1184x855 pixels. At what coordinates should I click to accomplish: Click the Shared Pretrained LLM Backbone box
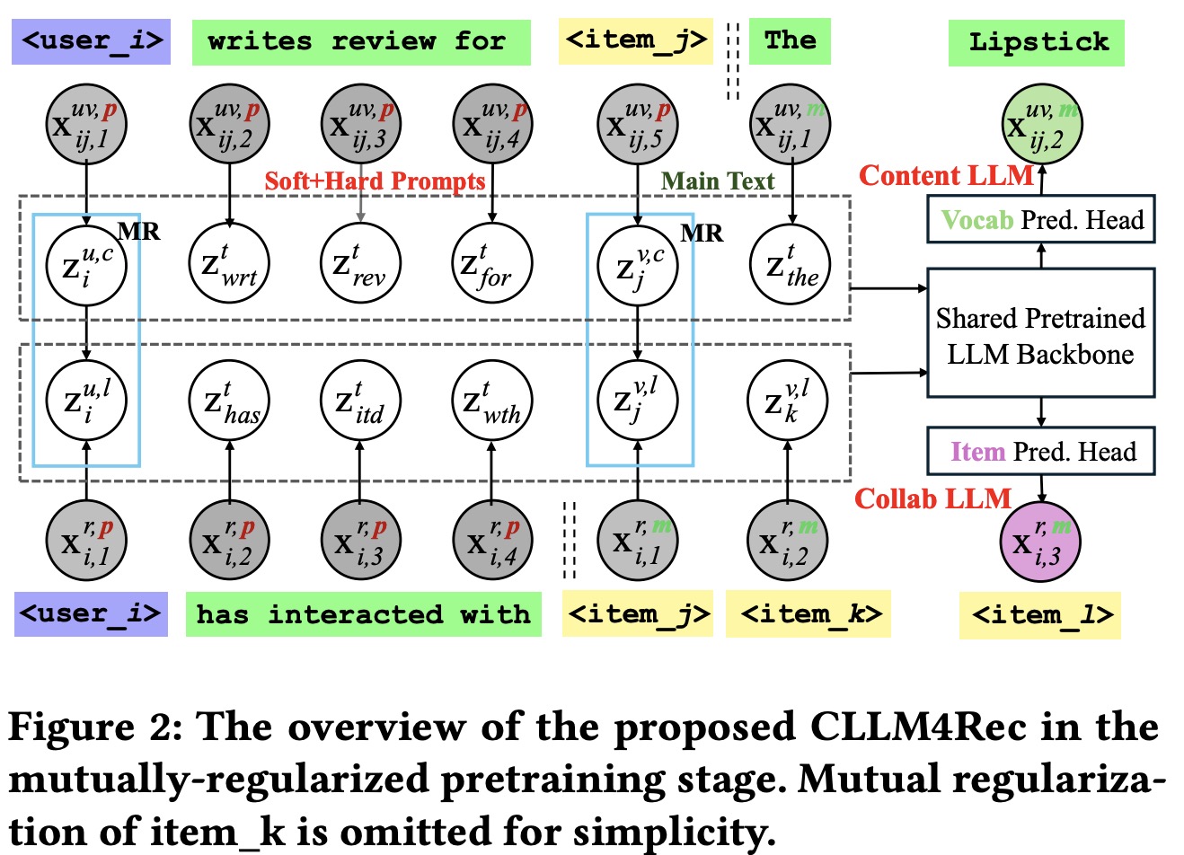coord(1040,332)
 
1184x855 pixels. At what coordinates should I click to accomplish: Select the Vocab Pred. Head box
coord(1040,220)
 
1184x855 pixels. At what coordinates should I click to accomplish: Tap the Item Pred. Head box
coord(1040,451)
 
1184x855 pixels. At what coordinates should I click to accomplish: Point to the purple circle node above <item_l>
coord(1040,541)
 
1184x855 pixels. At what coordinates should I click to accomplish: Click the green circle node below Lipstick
coord(1041,125)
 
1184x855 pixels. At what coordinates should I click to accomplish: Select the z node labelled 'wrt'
coord(229,265)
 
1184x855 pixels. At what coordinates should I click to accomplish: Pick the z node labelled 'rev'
coord(360,265)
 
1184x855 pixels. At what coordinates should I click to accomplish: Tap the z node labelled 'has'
coord(229,401)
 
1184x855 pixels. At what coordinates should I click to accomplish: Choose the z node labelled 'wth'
coord(491,401)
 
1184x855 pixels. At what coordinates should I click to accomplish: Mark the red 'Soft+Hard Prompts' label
coord(375,181)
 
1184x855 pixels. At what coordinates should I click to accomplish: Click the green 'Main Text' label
coord(718,181)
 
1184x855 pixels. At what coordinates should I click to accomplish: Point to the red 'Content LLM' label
coord(946,175)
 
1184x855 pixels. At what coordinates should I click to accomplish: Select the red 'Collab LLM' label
coord(932,498)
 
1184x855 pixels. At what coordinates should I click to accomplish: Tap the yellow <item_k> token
coord(808,614)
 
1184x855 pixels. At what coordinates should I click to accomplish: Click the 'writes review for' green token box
coord(361,42)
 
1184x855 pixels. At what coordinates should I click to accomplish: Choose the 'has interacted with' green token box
coord(363,614)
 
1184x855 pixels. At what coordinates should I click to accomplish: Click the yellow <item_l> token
coord(1040,615)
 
